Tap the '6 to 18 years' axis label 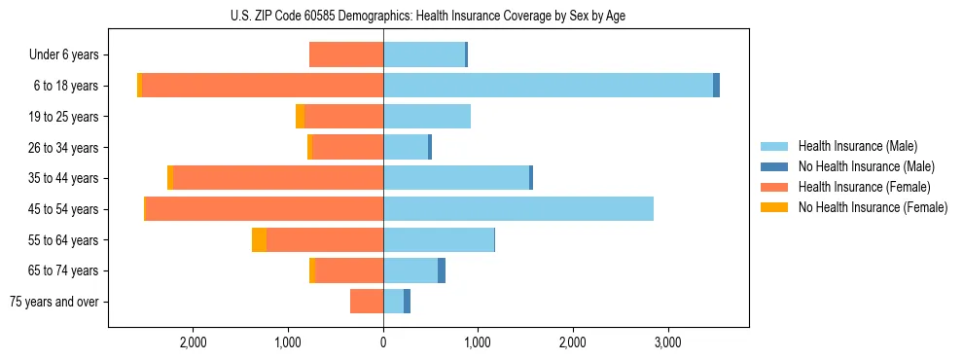66,86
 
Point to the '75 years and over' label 54,302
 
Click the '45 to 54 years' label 63,209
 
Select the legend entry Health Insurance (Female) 864,187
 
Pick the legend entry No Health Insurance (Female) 873,207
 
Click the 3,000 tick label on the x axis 667,343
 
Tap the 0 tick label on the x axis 383,343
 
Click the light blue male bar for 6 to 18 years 548,86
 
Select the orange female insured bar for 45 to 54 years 265,209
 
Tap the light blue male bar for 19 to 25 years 427,117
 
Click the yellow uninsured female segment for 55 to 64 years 259,240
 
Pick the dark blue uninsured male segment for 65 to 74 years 442,270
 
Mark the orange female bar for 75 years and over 367,302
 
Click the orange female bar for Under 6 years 346,55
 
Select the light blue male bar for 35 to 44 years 456,178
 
